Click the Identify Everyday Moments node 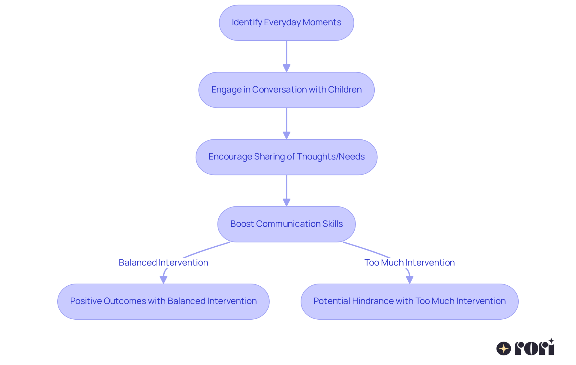click(x=286, y=23)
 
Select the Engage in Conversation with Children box click(x=286, y=90)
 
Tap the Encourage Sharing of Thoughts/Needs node click(x=286, y=157)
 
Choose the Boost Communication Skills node click(x=286, y=224)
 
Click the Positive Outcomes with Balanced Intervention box click(x=163, y=301)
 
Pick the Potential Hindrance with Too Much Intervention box click(x=409, y=301)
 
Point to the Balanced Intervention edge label click(x=163, y=263)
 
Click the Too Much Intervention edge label click(x=409, y=263)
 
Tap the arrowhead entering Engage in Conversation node click(x=286, y=68)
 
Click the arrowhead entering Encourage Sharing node click(x=286, y=135)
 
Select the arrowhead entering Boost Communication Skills click(x=286, y=202)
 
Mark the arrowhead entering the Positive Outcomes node click(x=163, y=280)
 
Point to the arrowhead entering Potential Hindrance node click(x=409, y=280)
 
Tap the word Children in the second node click(x=345, y=90)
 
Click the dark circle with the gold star click(x=503, y=348)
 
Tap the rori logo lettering click(x=534, y=348)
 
